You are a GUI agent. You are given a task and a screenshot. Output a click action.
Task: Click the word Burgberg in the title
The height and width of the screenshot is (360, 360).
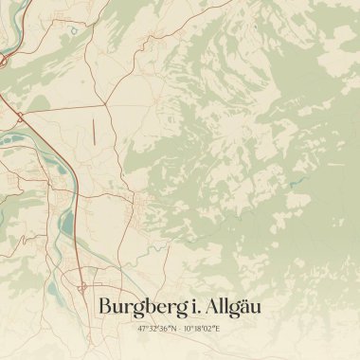click(140, 307)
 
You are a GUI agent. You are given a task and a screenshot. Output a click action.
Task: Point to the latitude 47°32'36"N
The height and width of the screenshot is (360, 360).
click(156, 328)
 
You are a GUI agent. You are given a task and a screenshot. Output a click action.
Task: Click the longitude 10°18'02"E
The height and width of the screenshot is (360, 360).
click(202, 328)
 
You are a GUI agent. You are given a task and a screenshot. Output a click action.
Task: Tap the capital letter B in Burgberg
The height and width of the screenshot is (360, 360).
click(105, 306)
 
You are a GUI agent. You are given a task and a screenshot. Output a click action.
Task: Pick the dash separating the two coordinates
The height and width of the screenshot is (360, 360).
click(179, 328)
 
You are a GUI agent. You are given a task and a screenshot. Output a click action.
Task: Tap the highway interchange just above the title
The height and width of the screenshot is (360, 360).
click(83, 284)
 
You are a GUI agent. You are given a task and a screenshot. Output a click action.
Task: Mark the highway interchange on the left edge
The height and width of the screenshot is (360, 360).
click(19, 116)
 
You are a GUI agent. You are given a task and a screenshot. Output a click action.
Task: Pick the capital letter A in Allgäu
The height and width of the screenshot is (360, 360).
click(213, 306)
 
